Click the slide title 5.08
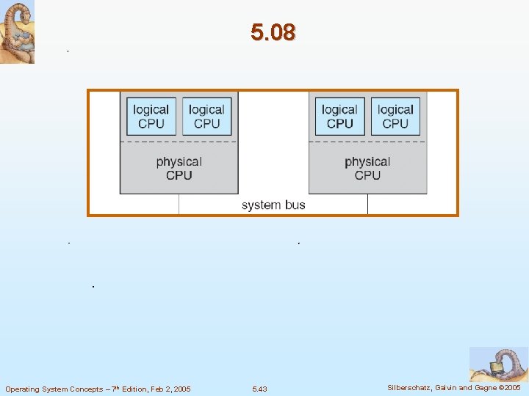point(273,32)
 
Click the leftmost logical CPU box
point(151,117)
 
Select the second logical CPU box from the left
point(206,117)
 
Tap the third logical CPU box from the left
point(339,117)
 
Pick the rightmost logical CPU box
point(395,117)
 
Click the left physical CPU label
point(179,168)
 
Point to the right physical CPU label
point(367,168)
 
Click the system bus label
point(273,205)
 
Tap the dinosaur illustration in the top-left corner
point(17,32)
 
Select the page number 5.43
point(259,389)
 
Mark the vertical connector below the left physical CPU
point(179,204)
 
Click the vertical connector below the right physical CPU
point(367,204)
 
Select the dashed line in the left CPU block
point(179,142)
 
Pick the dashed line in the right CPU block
point(367,142)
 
